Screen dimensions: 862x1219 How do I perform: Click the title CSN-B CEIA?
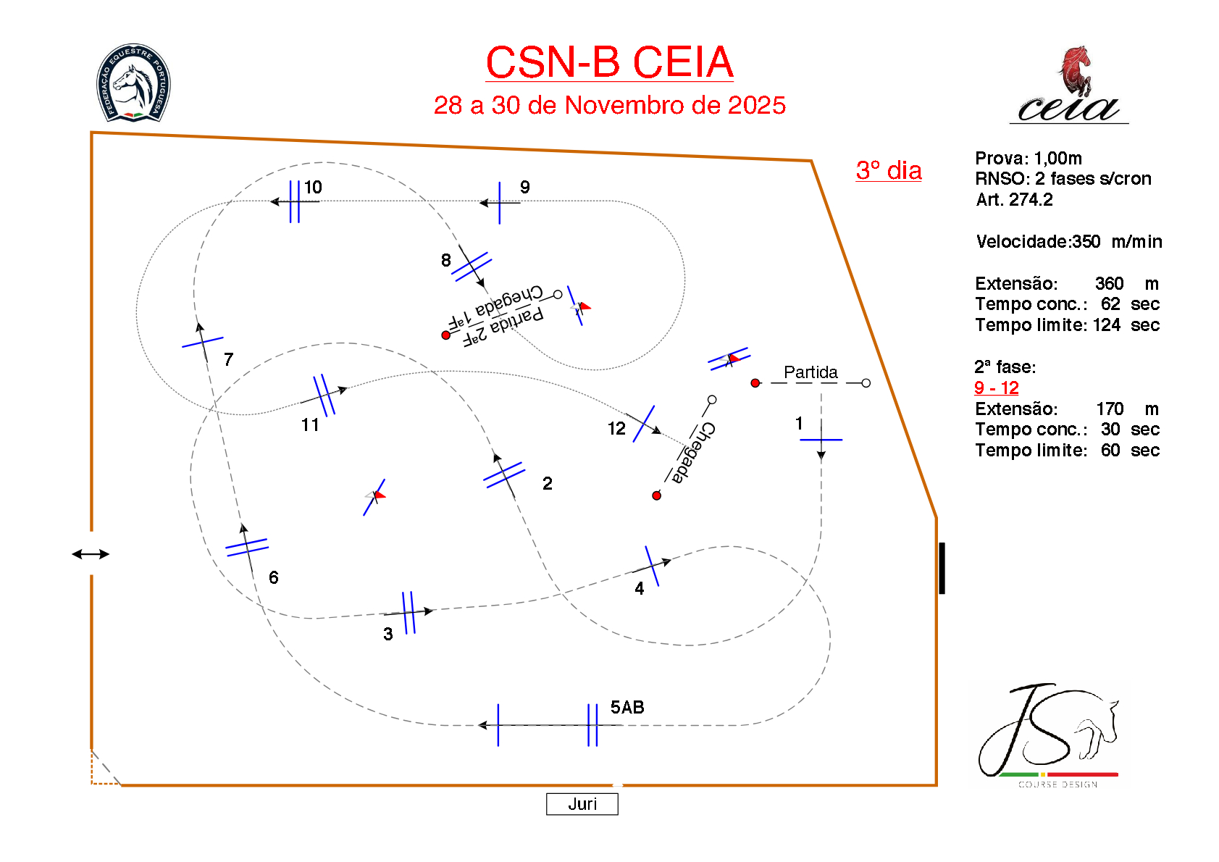609,62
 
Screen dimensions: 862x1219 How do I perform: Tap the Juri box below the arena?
582,804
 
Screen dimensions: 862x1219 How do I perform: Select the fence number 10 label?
313,188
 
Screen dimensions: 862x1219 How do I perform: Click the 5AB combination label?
627,708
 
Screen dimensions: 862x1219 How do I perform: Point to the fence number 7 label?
229,359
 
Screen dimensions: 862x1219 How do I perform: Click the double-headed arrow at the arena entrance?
91,554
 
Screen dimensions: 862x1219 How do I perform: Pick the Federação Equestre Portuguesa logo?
133,83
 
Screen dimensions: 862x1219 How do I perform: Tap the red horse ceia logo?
1069,85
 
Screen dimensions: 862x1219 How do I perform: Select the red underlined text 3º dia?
889,171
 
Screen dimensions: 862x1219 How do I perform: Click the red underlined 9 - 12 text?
996,388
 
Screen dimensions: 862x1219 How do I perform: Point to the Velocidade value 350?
1086,242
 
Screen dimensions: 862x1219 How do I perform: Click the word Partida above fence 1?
810,372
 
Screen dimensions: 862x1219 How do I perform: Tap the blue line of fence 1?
821,440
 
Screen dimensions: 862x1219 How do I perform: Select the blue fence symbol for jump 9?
500,203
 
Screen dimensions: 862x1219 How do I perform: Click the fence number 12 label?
616,429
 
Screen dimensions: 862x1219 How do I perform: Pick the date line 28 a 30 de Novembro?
609,106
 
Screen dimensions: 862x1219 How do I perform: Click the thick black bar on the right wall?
942,568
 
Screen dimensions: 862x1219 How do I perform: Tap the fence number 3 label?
388,635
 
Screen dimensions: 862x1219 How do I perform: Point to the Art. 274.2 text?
1014,200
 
